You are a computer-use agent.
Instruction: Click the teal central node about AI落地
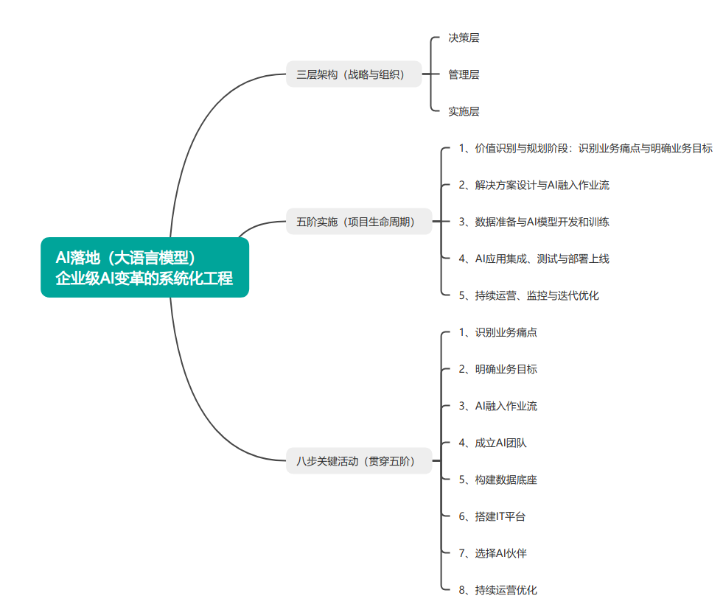pos(144,267)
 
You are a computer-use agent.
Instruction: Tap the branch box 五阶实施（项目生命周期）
pos(359,221)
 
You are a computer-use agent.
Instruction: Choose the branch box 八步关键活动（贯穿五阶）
pos(359,461)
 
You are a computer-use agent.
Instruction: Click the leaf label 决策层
pos(464,38)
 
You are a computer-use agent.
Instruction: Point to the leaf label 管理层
pos(464,74)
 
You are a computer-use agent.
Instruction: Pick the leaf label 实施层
pos(464,111)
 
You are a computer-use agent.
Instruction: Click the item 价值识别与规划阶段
pos(585,148)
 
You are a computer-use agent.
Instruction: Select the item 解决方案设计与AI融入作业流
pos(534,185)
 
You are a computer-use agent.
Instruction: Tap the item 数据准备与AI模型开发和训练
pos(534,222)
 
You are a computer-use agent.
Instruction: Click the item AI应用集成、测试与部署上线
pos(534,259)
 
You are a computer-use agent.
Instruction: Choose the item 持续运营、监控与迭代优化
pos(528,295)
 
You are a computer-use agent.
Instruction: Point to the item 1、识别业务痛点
pos(497,332)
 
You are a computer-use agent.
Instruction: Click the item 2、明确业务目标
pos(497,369)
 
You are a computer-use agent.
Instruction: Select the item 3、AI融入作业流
pos(497,406)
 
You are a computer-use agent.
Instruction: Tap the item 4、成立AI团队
pos(492,443)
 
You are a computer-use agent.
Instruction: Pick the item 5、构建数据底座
pos(497,480)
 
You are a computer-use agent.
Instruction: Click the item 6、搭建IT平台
pos(492,516)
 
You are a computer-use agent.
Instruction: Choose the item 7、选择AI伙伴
pos(492,553)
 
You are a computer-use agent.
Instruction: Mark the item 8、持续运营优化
pos(497,590)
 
